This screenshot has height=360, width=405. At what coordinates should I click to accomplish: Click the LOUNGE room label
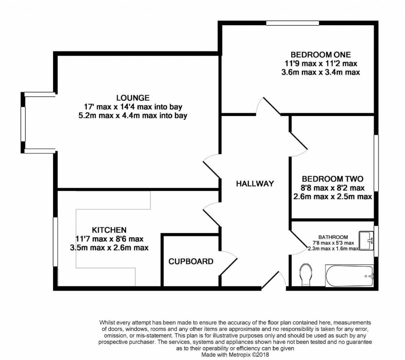click(133, 97)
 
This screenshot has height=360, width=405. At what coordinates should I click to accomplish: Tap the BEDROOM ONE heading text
click(320, 55)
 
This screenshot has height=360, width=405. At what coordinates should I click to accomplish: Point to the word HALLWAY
click(255, 184)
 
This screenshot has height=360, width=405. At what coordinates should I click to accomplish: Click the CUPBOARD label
click(191, 261)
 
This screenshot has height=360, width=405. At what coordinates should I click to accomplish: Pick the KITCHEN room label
click(109, 230)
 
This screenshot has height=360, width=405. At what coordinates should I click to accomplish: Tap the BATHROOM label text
click(334, 237)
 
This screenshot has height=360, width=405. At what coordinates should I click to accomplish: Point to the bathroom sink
click(366, 241)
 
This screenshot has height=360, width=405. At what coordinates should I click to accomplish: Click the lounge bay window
click(24, 123)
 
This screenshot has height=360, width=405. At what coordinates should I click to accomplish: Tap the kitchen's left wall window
click(56, 241)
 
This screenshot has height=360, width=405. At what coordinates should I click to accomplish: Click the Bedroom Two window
click(376, 163)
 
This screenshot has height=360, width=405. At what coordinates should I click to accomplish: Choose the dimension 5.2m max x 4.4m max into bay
click(133, 116)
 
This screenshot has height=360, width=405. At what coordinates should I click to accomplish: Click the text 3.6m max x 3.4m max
click(320, 72)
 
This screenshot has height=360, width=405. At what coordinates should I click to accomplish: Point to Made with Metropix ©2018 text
click(235, 355)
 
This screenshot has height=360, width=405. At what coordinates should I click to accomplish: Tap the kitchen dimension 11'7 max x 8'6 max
click(109, 239)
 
